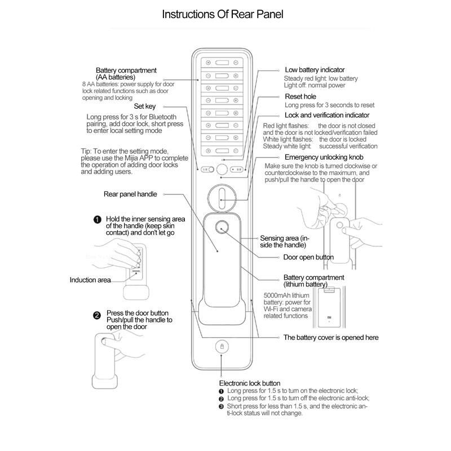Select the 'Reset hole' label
click(301, 97)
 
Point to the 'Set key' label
click(145, 105)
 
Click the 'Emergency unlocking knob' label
click(324, 157)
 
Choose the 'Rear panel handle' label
click(130, 194)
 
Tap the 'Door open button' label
click(308, 257)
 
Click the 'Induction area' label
click(90, 280)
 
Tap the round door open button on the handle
click(221, 229)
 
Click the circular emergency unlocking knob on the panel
click(222, 197)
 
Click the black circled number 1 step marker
click(97, 219)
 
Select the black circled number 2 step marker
click(97, 315)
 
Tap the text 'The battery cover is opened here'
click(330, 338)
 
